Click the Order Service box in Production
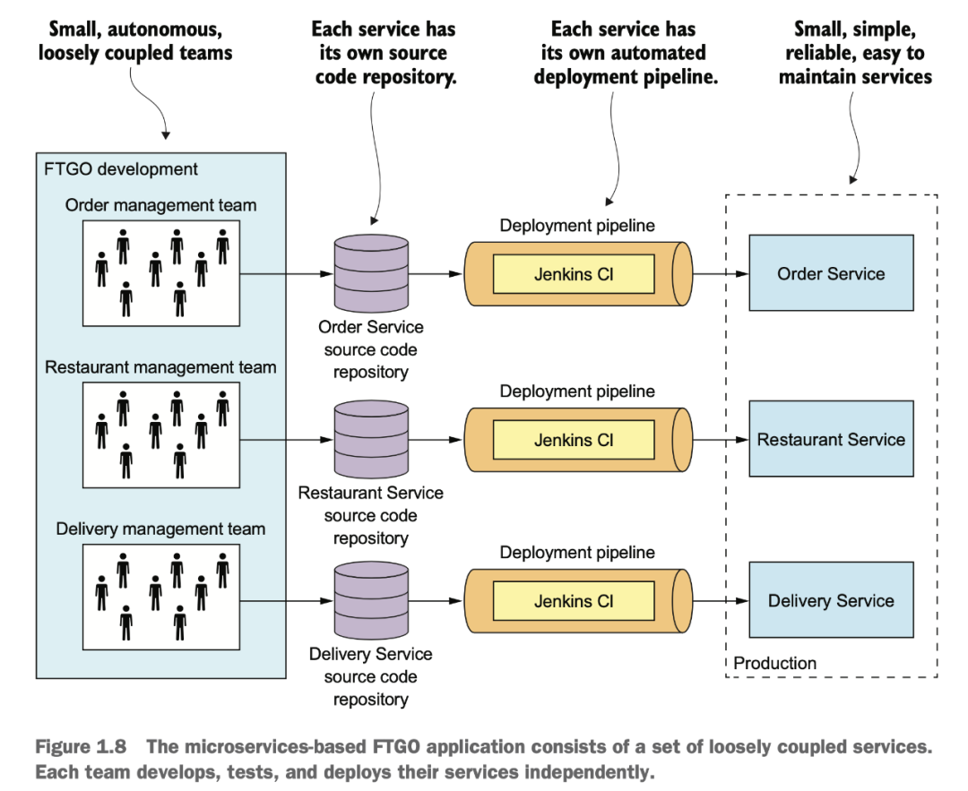pos(831,272)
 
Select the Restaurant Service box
pos(831,439)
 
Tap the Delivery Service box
pos(831,599)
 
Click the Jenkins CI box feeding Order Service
pos(574,274)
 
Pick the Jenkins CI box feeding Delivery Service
pos(574,601)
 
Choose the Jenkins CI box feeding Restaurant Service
pos(574,440)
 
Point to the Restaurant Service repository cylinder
pos(371,439)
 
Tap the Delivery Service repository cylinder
pos(371,600)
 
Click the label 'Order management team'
pos(160,205)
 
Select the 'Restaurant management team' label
pos(160,367)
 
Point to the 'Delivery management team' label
pos(160,529)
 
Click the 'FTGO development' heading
pos(120,169)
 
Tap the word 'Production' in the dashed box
pos(774,663)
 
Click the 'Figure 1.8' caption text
pos(81,746)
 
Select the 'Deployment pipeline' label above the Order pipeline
pos(577,225)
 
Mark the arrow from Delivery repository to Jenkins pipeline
pos(436,600)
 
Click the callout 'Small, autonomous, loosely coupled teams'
pos(135,40)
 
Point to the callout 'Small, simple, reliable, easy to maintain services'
pos(855,53)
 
